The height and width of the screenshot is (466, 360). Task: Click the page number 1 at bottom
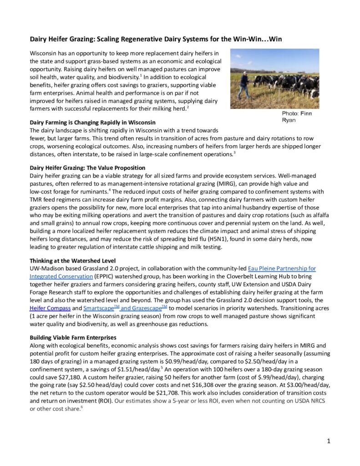tap(329, 441)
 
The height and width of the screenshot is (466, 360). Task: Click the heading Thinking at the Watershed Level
tap(74, 261)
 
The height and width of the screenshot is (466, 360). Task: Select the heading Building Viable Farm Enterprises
tap(73, 338)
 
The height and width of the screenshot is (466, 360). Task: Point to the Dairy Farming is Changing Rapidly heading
tap(92, 123)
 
